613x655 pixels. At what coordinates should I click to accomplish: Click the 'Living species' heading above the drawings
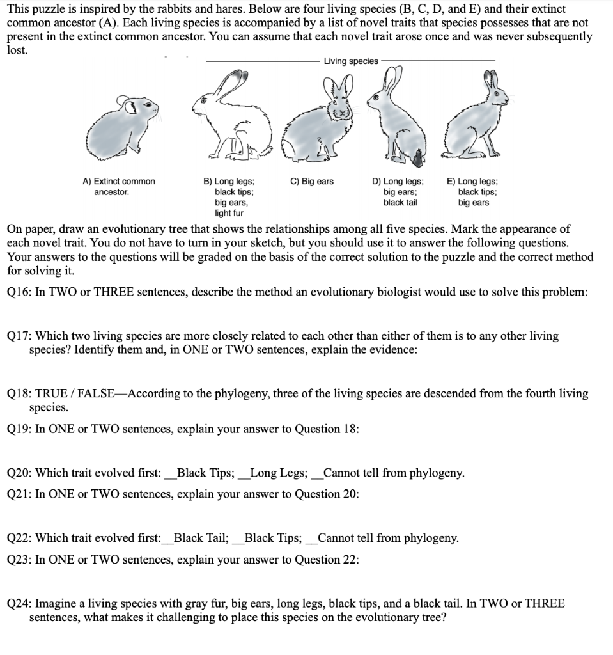351,61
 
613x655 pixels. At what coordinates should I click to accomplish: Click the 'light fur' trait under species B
228,213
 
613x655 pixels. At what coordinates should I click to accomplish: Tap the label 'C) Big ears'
312,182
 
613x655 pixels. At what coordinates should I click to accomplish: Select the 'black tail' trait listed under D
400,203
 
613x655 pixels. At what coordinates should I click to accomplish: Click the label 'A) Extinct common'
119,182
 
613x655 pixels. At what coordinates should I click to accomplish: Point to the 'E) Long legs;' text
473,182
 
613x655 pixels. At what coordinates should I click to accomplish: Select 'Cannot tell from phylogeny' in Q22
387,539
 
